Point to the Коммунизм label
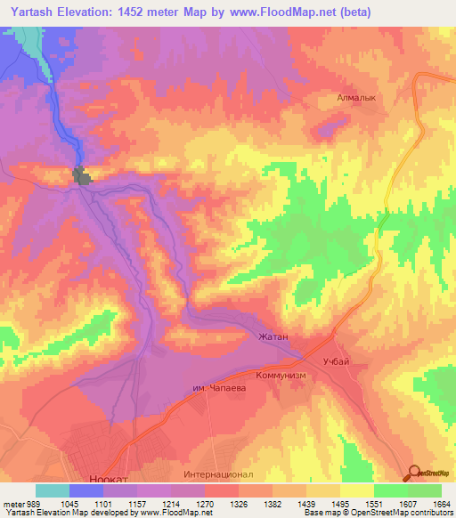(x=281, y=376)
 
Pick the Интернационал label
(x=224, y=474)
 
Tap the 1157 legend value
(x=139, y=503)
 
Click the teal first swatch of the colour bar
(x=53, y=490)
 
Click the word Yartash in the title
(x=35, y=12)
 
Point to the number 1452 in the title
(x=146, y=12)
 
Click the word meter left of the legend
(x=12, y=503)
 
